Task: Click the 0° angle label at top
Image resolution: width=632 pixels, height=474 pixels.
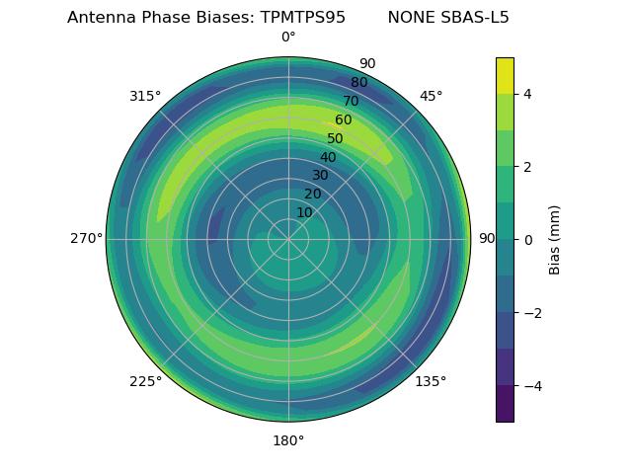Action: tap(288, 38)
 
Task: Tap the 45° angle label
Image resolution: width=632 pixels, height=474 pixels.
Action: tap(431, 96)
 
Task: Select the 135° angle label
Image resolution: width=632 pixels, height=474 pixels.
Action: tap(431, 381)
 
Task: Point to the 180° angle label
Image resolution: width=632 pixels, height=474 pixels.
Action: tap(288, 440)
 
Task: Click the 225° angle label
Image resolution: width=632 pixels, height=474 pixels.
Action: tap(145, 381)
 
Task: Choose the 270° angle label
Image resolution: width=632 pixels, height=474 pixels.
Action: tap(86, 239)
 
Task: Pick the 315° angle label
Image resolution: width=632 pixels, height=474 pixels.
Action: tap(145, 96)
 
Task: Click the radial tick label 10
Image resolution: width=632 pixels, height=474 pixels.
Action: tap(304, 212)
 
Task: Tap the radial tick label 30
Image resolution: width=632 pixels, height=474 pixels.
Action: tap(320, 176)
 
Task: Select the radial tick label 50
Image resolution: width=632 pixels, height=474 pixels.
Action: tap(335, 139)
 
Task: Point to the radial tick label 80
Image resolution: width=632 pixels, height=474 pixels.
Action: tap(358, 83)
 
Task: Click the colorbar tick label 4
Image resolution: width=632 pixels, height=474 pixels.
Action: tap(528, 94)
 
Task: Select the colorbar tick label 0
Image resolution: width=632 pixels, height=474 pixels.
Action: tap(528, 239)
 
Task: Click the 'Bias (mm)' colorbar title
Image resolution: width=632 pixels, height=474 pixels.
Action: tap(555, 239)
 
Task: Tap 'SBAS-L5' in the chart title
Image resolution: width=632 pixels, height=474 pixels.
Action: tap(475, 18)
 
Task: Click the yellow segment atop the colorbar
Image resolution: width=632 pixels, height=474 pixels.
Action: tap(505, 75)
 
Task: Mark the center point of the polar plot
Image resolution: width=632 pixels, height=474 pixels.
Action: tap(288, 239)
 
